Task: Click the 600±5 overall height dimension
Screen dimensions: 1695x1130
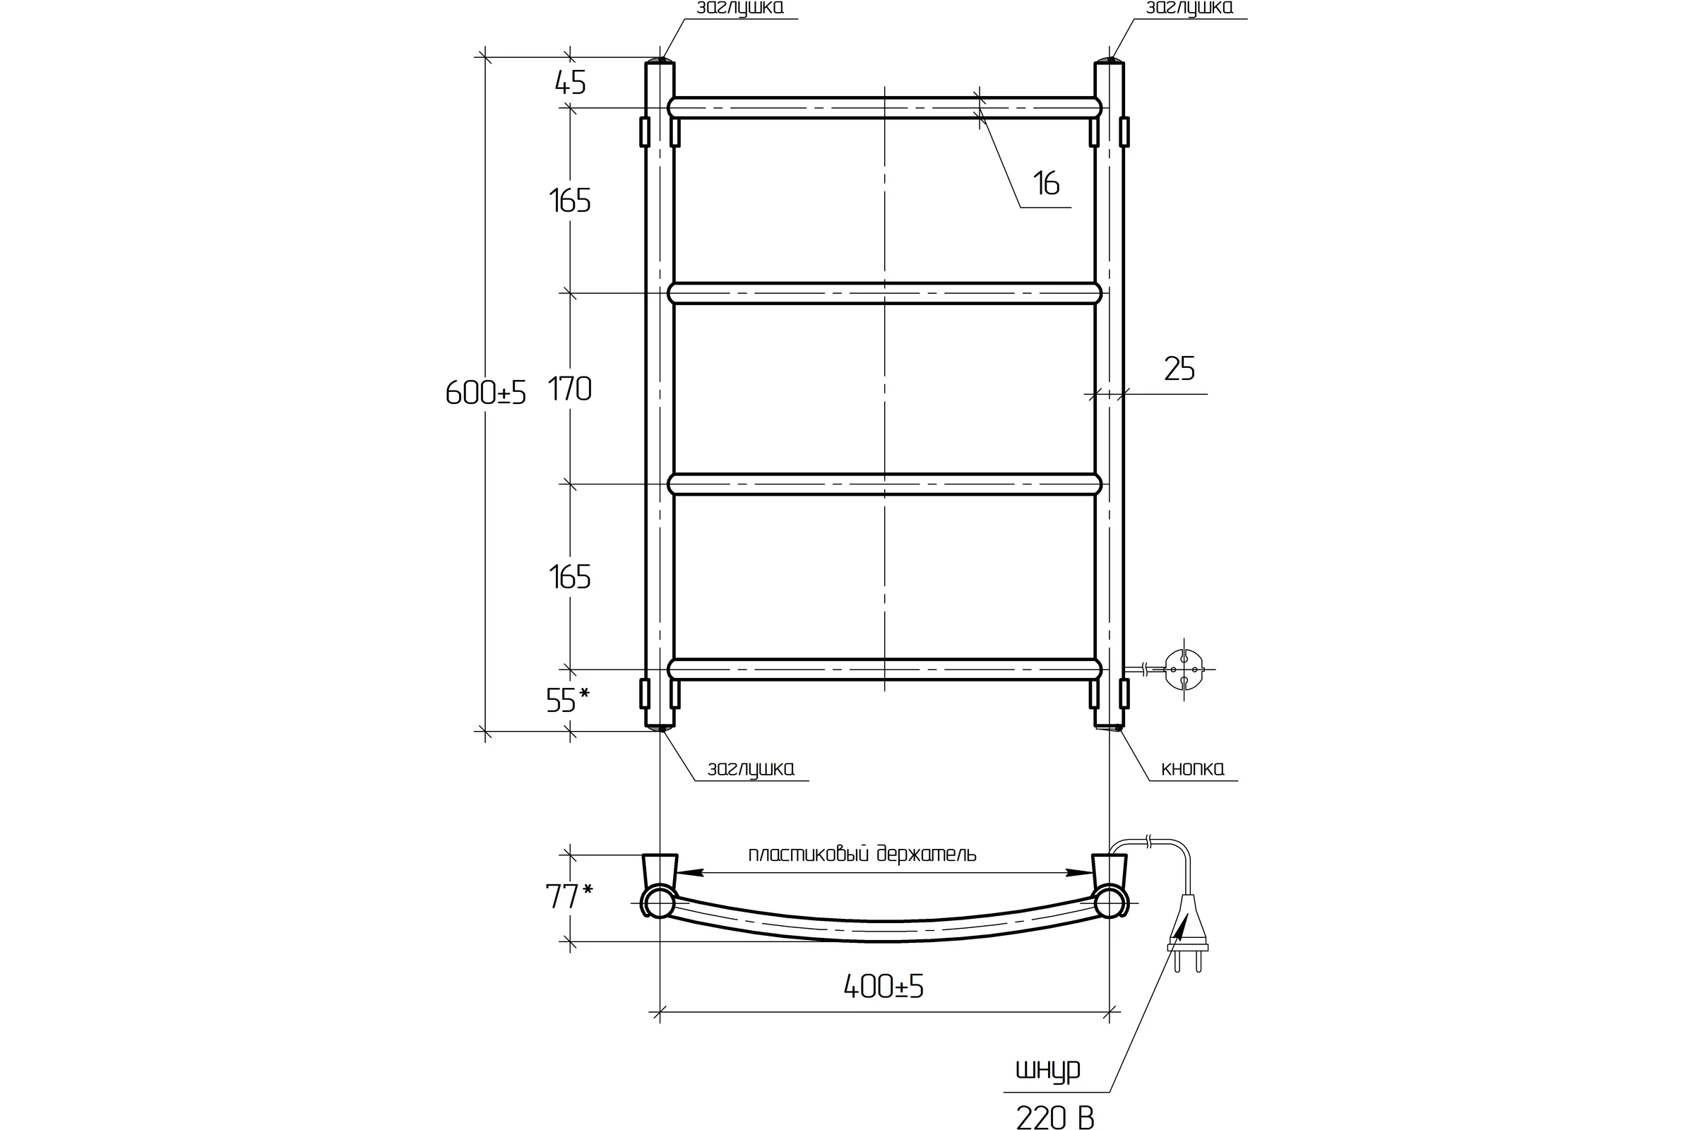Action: (x=486, y=393)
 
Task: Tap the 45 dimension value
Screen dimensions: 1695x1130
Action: (x=570, y=83)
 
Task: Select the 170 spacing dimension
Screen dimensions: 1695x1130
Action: (x=570, y=389)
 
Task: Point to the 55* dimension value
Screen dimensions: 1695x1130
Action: (x=568, y=700)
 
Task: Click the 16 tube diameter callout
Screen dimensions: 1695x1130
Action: (x=1047, y=183)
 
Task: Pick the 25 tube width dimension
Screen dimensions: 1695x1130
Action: (x=1179, y=368)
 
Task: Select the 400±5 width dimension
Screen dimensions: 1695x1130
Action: (x=884, y=986)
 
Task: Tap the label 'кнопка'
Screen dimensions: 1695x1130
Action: (x=1193, y=769)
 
